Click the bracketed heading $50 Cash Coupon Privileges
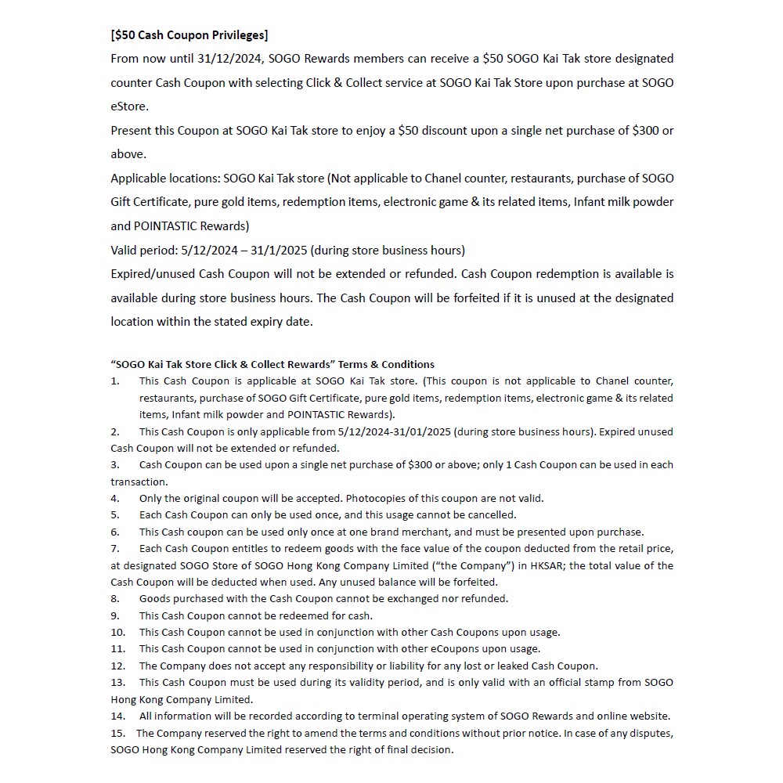click(x=189, y=34)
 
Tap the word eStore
click(x=128, y=106)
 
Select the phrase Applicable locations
click(x=164, y=178)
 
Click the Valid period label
click(x=145, y=250)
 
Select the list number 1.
click(x=115, y=381)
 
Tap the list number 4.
click(x=115, y=498)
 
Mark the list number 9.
click(x=115, y=615)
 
